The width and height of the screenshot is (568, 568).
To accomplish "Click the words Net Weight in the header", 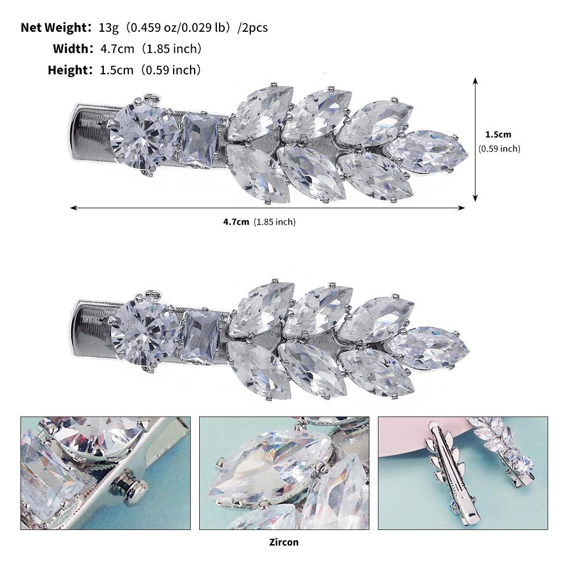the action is (54, 28).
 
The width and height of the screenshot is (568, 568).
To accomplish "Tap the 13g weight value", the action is (109, 28).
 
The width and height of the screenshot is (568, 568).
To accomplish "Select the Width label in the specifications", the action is (70, 49).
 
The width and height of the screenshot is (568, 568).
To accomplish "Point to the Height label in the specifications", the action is (68, 70).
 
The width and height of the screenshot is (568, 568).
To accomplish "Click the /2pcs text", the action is (253, 28).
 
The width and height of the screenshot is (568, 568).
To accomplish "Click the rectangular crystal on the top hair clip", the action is (199, 140).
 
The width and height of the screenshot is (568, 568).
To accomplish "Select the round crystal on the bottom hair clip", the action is (144, 333).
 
